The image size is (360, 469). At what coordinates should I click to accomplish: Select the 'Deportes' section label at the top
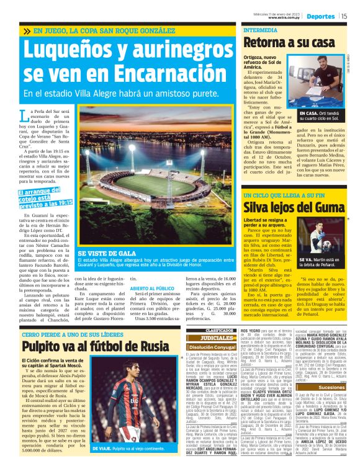point(321,16)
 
